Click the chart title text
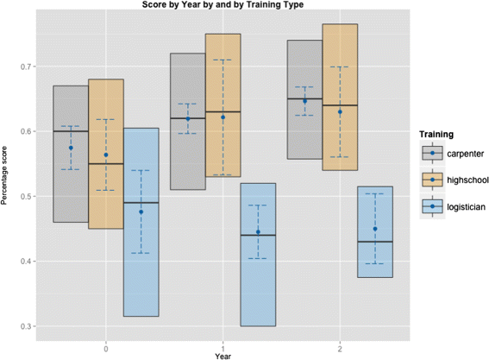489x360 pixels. click(x=223, y=4)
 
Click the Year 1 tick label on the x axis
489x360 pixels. click(x=223, y=349)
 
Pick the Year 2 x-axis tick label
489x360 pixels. click(x=340, y=349)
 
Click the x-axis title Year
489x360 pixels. click(x=223, y=357)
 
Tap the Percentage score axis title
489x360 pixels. click(x=4, y=175)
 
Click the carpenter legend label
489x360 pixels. click(x=466, y=154)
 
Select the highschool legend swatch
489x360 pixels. click(x=432, y=180)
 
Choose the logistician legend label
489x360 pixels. click(x=466, y=207)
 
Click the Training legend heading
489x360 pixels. click(x=436, y=135)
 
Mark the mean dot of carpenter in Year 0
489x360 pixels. click(x=71, y=148)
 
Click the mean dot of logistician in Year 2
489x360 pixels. click(x=375, y=229)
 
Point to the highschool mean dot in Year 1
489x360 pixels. click(x=223, y=117)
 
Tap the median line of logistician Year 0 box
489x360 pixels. click(x=141, y=203)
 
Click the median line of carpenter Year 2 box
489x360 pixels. click(x=304, y=98)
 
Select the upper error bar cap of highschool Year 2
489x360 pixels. click(x=340, y=66)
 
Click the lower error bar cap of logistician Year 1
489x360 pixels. click(x=258, y=258)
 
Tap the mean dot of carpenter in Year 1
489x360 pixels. click(x=188, y=118)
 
